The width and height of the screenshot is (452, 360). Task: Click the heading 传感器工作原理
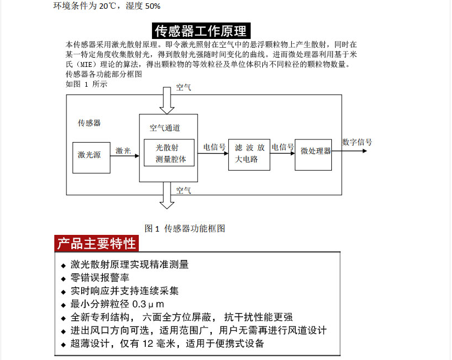[x=200, y=31]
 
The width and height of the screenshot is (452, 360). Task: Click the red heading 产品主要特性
[x=97, y=243]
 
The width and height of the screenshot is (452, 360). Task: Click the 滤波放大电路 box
[x=249, y=154]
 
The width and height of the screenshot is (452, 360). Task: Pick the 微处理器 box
[x=316, y=151]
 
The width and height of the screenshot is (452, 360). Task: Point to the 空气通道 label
[x=165, y=128]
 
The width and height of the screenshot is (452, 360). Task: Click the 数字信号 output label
[x=357, y=142]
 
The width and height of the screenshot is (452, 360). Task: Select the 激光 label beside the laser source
[x=123, y=150]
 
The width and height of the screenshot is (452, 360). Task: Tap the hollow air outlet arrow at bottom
[x=166, y=195]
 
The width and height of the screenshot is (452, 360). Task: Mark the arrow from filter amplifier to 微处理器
[x=284, y=154]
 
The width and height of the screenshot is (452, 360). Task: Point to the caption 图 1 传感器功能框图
[x=185, y=228]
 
